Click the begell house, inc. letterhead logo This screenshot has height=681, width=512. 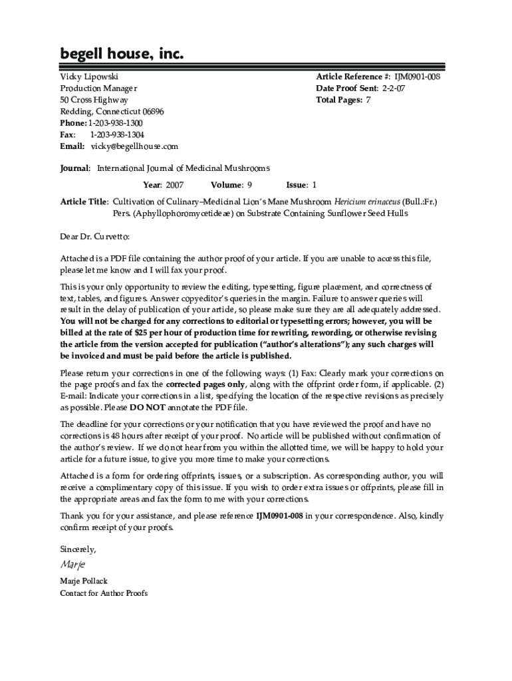pyautogui.click(x=122, y=54)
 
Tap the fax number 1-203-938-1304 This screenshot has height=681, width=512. pyautogui.click(x=117, y=135)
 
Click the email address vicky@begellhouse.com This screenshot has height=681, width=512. pyautogui.click(x=135, y=146)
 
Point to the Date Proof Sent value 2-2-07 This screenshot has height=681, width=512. pyautogui.click(x=393, y=88)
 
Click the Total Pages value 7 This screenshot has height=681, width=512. pyautogui.click(x=368, y=100)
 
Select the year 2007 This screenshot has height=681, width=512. pyautogui.click(x=174, y=185)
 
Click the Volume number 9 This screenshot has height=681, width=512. pyautogui.click(x=249, y=185)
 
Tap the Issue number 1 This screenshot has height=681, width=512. pyautogui.click(x=315, y=185)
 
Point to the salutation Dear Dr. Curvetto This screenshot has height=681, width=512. pyautogui.click(x=95, y=236)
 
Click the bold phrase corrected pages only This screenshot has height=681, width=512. pyautogui.click(x=206, y=384)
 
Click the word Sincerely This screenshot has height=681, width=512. pyautogui.click(x=78, y=549)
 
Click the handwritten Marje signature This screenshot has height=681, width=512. pyautogui.click(x=72, y=565)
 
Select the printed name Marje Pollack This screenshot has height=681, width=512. pyautogui.click(x=84, y=581)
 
